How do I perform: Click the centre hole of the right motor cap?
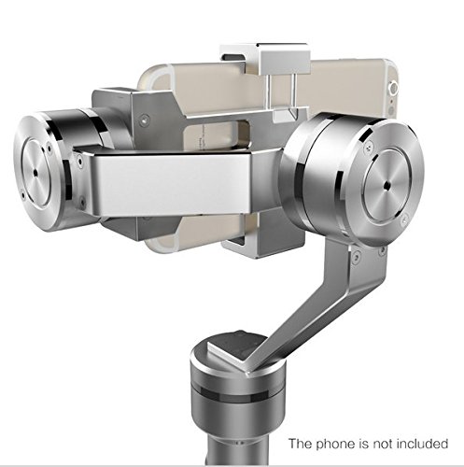[x=387, y=186]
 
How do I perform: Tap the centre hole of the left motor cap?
[x=36, y=172]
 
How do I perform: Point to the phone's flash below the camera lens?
[x=391, y=111]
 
